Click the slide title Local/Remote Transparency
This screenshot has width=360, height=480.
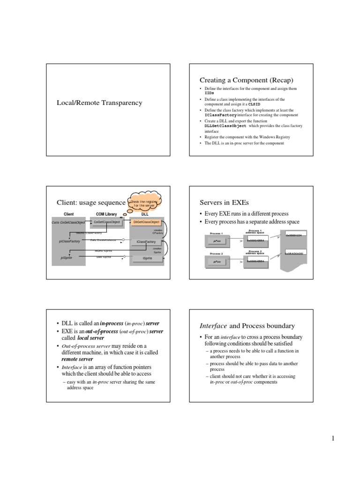point(99,103)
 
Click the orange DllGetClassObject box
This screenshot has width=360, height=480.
point(146,222)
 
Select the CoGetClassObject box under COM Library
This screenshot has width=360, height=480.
point(107,222)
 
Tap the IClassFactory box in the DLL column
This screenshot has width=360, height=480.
point(146,241)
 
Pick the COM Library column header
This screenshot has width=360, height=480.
point(106,214)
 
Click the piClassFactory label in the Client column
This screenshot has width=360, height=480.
point(69,241)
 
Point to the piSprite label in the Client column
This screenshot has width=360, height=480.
point(67,258)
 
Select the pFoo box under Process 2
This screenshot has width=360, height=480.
point(217,262)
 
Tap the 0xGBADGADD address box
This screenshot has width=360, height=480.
point(295,253)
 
